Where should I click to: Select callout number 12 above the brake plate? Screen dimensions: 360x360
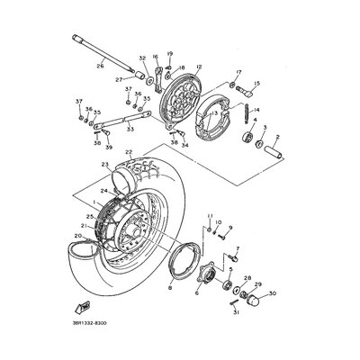[198, 67]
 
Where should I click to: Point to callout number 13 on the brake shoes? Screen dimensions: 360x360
[215, 113]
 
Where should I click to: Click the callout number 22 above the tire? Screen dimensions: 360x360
[129, 152]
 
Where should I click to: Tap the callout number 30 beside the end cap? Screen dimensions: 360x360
[274, 292]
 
